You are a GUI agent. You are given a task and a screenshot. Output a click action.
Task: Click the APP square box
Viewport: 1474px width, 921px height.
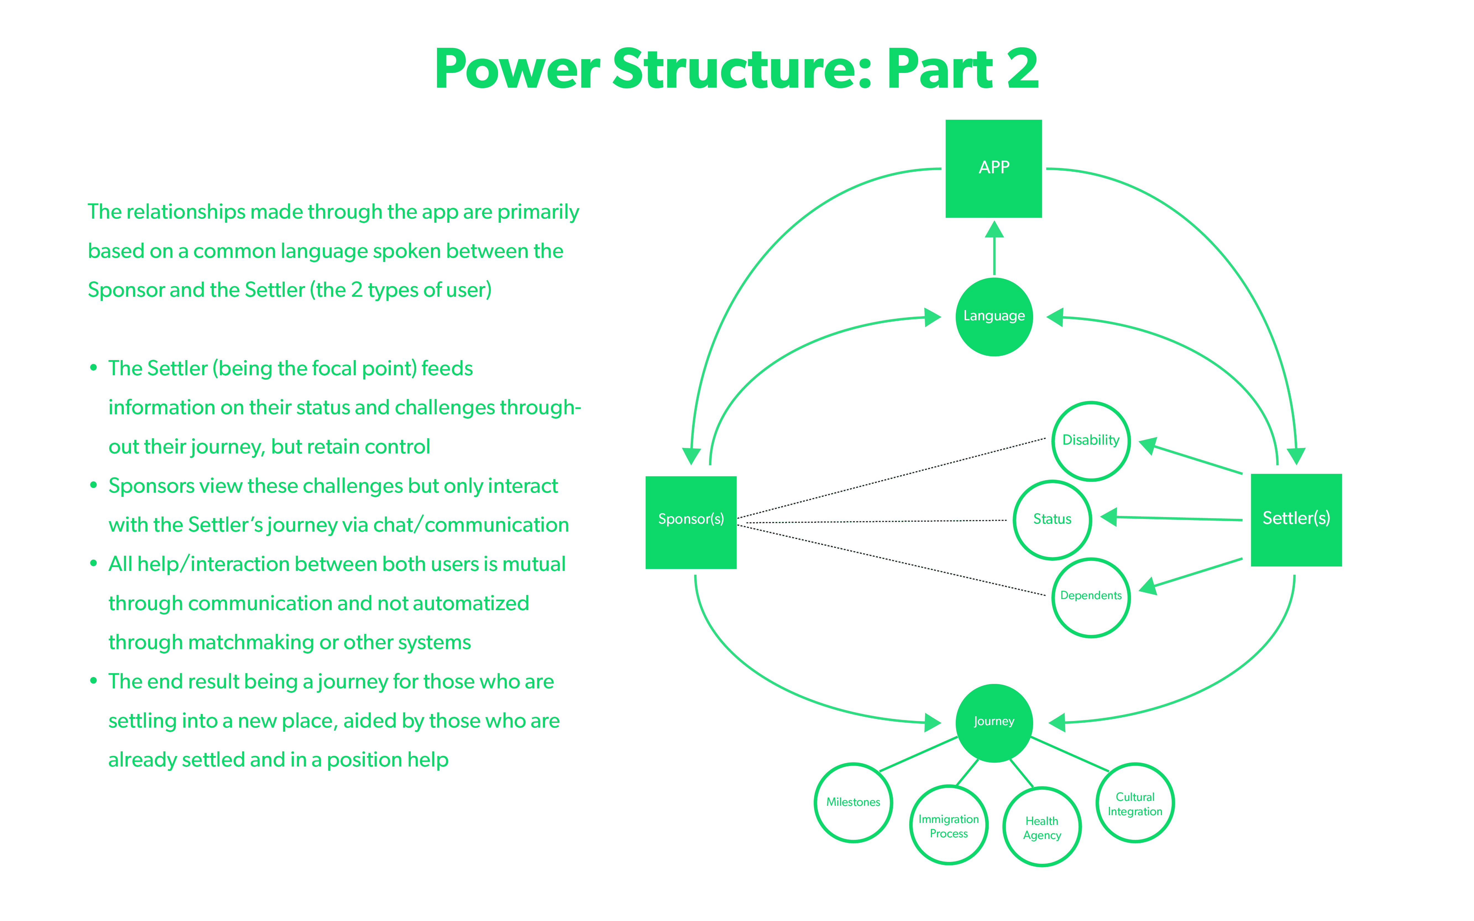point(993,169)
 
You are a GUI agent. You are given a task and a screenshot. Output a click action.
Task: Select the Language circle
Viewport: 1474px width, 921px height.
point(994,317)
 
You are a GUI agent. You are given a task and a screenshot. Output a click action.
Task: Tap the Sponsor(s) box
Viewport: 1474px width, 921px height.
point(691,522)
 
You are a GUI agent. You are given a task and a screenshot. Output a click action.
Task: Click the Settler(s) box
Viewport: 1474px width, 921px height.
point(1296,519)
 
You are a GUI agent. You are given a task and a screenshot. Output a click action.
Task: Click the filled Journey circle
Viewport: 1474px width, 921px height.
point(994,723)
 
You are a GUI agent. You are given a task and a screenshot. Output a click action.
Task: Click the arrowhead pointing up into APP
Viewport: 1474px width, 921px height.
point(994,229)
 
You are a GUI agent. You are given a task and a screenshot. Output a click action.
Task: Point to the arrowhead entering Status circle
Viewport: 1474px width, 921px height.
point(1109,517)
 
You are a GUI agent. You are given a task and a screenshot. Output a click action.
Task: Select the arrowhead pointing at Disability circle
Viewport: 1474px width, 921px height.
point(1148,445)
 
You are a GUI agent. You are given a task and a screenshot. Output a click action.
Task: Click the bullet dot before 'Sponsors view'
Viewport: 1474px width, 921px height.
point(93,486)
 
